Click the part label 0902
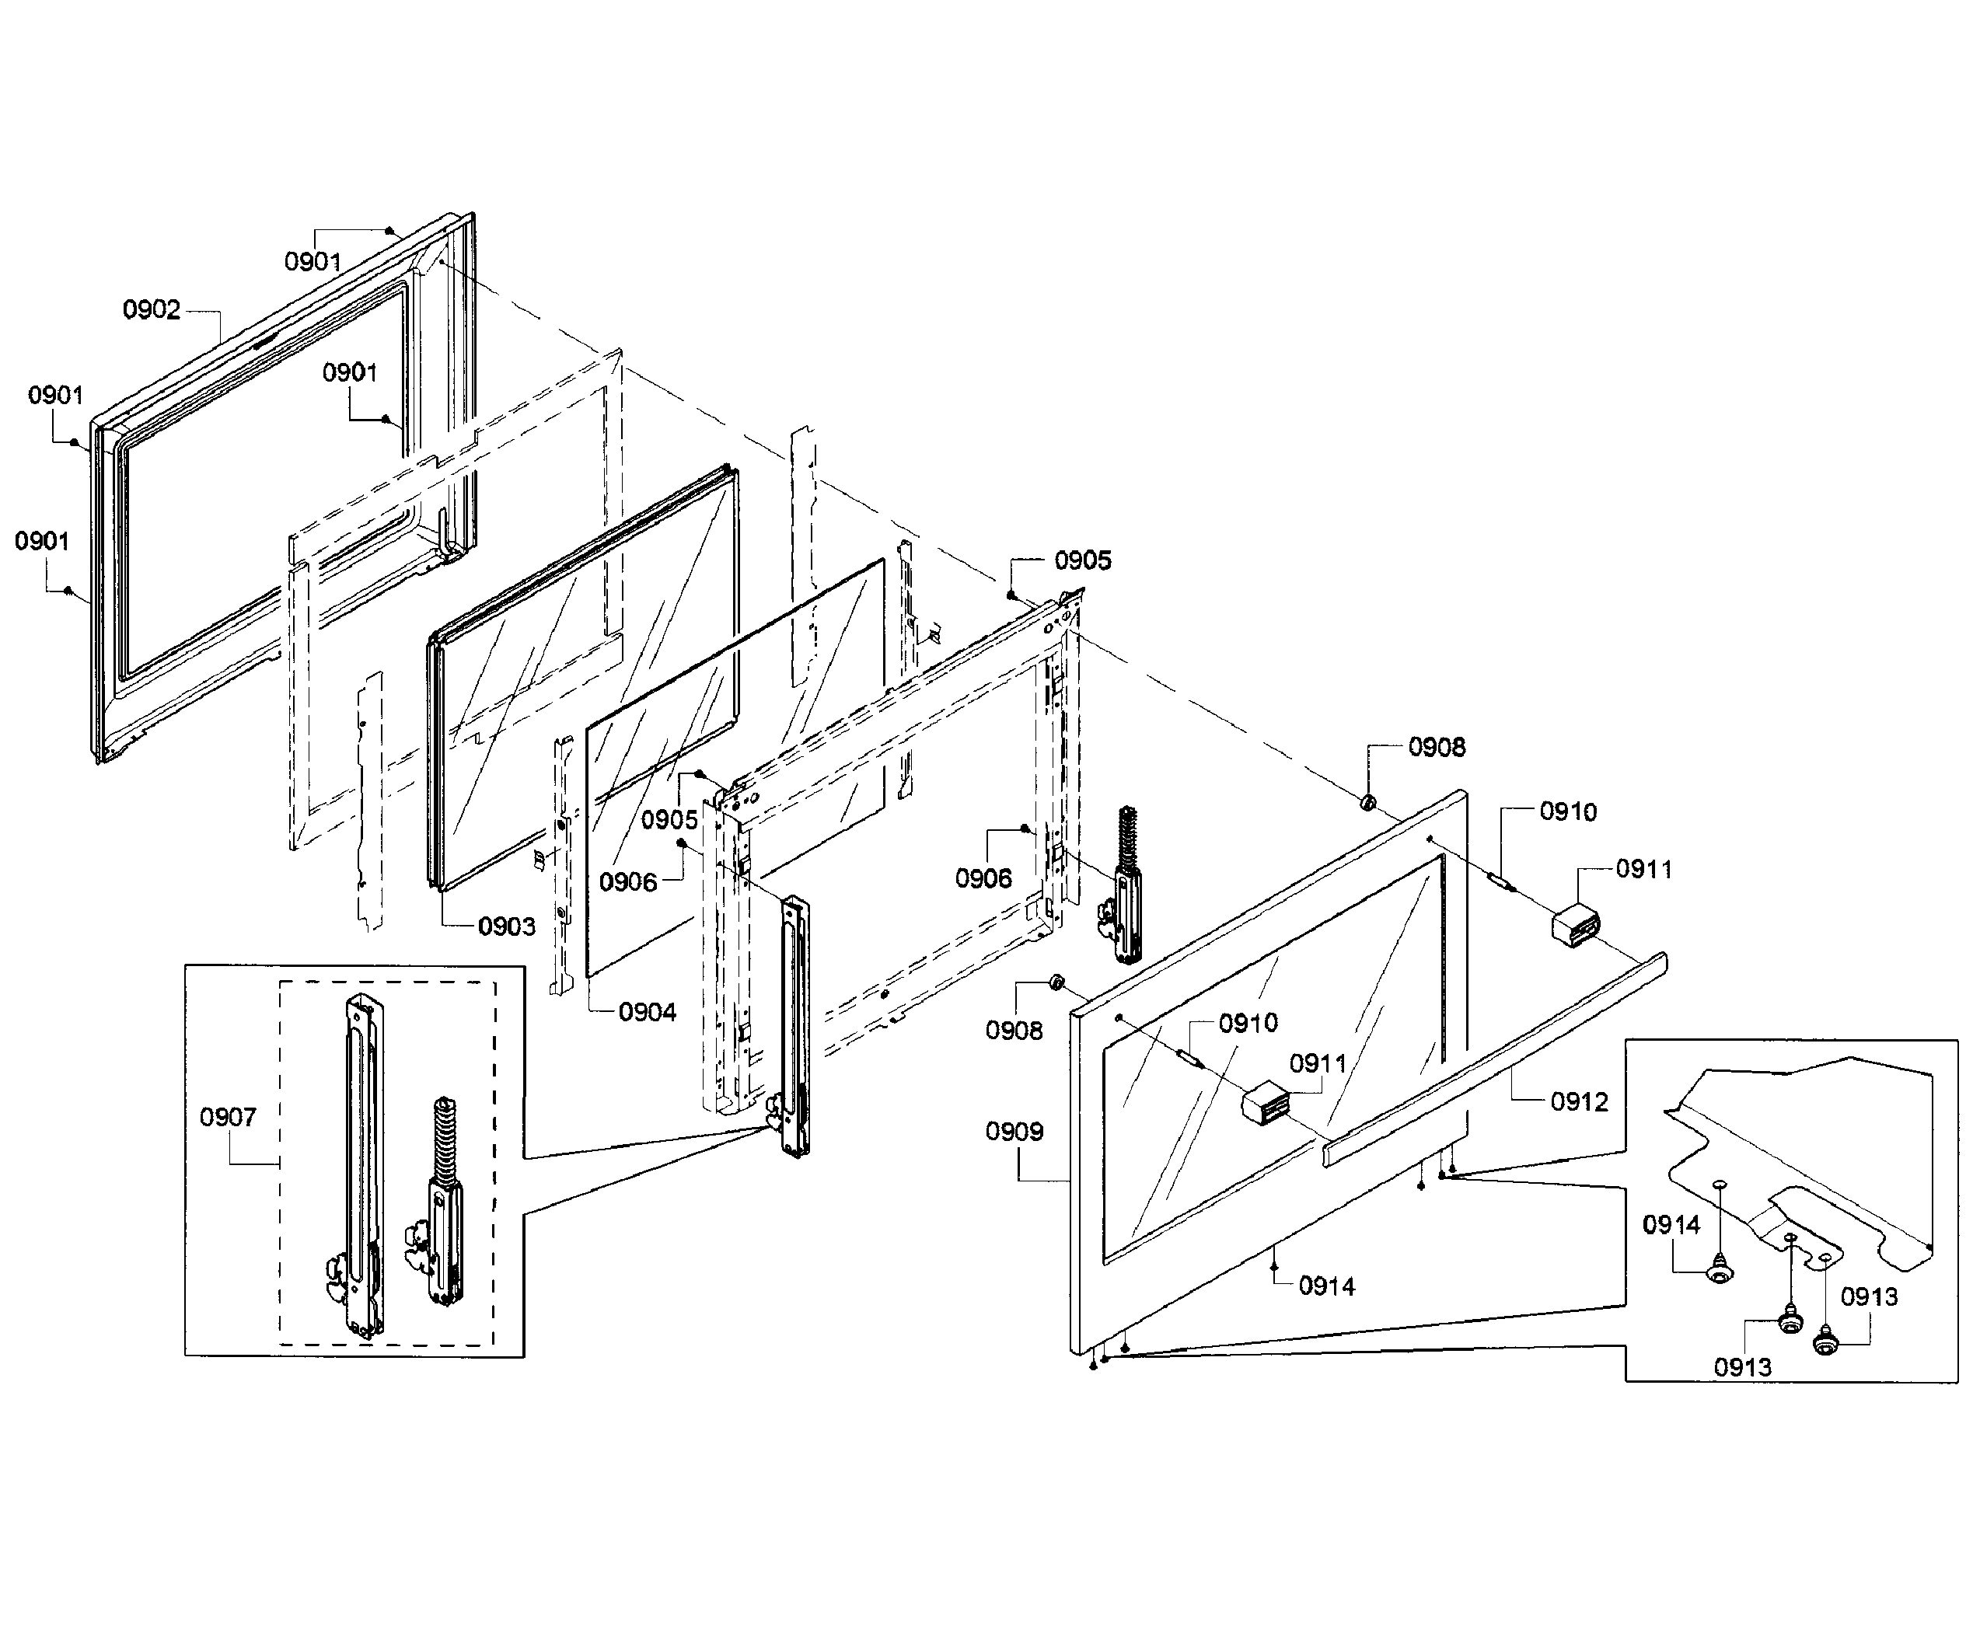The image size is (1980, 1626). coord(151,310)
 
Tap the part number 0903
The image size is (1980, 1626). coord(506,926)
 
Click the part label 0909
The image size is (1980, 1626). coord(1014,1132)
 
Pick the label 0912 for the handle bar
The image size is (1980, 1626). coord(1578,1101)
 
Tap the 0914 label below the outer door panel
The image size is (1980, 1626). coord(1326,1286)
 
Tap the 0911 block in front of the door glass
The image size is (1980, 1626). coord(1265,1101)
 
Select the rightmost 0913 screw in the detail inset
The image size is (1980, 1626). coord(1824,1345)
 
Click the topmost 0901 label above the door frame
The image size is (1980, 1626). coord(313,261)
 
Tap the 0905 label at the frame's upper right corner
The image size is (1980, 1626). coord(1082,560)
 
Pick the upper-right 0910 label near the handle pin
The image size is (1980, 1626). coord(1567,811)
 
